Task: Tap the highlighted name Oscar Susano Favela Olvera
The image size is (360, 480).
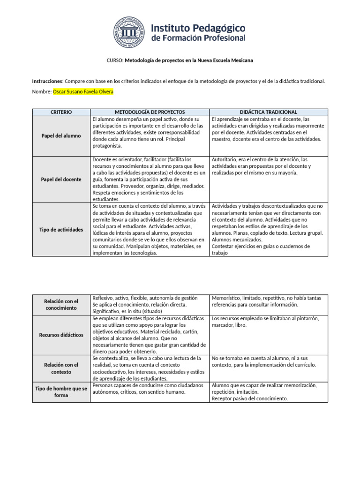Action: coord(83,92)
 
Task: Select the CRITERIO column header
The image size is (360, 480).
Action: coord(61,112)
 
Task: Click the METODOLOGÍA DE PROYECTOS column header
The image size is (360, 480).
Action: coord(150,112)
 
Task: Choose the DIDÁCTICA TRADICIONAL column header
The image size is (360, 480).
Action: coord(269,112)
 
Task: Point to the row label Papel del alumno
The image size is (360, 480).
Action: coord(61,136)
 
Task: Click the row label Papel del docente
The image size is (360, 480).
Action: coord(61,179)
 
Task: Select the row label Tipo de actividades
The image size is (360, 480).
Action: coord(61,230)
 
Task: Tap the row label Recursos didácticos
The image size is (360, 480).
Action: coord(61,335)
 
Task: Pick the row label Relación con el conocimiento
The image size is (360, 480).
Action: coord(61,304)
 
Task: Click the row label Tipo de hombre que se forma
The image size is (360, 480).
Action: coord(61,392)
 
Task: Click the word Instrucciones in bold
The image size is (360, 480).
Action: coord(47,81)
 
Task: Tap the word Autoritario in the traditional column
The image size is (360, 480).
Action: coord(225,160)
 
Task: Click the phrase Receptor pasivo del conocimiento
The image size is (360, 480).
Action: coord(249,398)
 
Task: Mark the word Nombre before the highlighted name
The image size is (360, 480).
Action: coord(41,92)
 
